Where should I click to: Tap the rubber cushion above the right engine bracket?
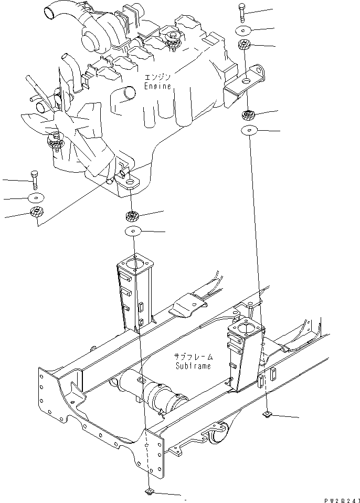[x=244, y=46]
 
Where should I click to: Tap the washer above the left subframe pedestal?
[x=134, y=232]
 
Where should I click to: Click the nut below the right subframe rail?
[x=267, y=415]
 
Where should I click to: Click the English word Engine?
[x=158, y=87]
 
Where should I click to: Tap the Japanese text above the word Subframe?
[x=194, y=357]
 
